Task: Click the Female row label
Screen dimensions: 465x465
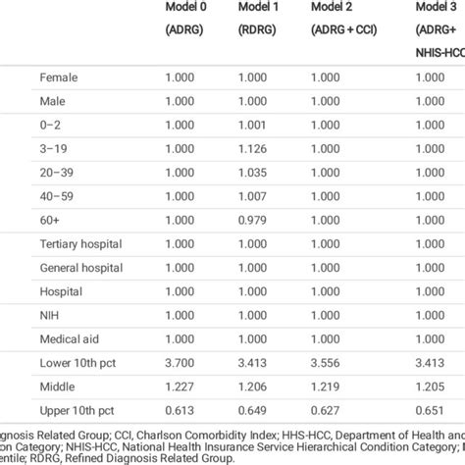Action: click(x=59, y=77)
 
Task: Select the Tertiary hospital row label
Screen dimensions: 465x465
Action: click(x=79, y=244)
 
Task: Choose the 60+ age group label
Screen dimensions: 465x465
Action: click(x=49, y=220)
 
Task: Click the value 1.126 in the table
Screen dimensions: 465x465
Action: click(x=252, y=148)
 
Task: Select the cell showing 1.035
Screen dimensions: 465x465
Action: click(x=252, y=172)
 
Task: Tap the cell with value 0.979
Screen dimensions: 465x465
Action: click(x=252, y=220)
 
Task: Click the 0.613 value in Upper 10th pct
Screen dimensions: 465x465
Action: click(x=179, y=411)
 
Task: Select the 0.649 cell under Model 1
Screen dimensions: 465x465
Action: click(x=252, y=411)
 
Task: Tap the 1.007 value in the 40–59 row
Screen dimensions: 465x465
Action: click(x=252, y=196)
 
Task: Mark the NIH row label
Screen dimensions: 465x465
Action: click(x=49, y=316)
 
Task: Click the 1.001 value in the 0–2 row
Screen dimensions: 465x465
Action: click(x=252, y=125)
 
